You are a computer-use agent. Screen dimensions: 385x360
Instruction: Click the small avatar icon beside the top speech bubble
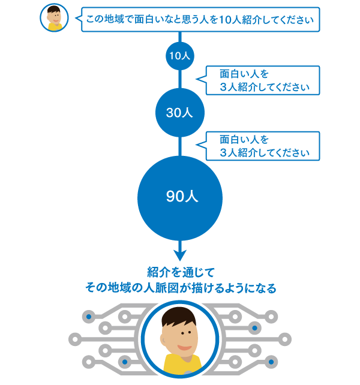click(x=55, y=18)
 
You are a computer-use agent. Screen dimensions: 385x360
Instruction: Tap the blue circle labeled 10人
click(x=179, y=56)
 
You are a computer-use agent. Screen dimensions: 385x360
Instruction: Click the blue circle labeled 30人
click(x=179, y=112)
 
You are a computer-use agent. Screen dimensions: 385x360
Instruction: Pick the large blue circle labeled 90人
click(x=179, y=197)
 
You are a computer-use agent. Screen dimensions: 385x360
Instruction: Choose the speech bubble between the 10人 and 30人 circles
click(x=262, y=80)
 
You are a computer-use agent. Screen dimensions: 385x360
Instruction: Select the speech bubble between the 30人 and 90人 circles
click(x=262, y=146)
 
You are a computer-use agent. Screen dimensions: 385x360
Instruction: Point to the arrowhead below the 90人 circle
click(x=179, y=255)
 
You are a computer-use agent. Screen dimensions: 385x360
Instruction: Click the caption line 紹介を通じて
click(x=180, y=271)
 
